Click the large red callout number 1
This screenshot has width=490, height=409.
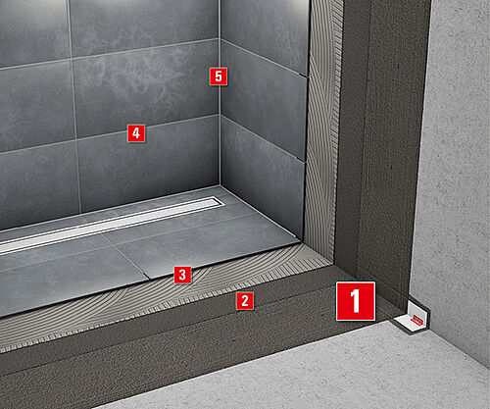click(356, 301)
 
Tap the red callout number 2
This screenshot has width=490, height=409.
click(245, 300)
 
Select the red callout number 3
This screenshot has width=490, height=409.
click(182, 275)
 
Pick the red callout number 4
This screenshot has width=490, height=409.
click(136, 133)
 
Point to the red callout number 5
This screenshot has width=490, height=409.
click(219, 77)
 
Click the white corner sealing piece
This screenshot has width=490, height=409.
click(411, 317)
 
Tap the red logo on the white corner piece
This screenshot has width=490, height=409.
click(416, 320)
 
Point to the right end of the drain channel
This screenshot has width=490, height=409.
click(224, 203)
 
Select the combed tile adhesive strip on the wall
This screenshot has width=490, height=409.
click(321, 130)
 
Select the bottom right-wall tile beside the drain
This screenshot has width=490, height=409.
click(263, 175)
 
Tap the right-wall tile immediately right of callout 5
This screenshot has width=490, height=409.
click(264, 98)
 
